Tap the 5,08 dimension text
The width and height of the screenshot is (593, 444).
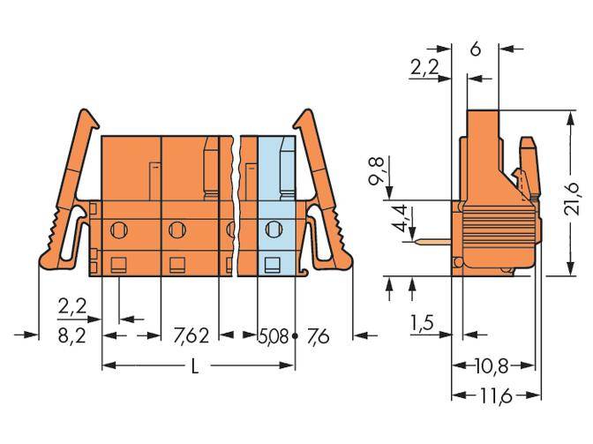[x=274, y=335]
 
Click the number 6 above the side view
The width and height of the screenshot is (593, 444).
[x=475, y=49]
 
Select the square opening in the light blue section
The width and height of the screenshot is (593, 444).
[x=274, y=262]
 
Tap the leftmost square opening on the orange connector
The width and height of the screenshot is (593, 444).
[x=117, y=262]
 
